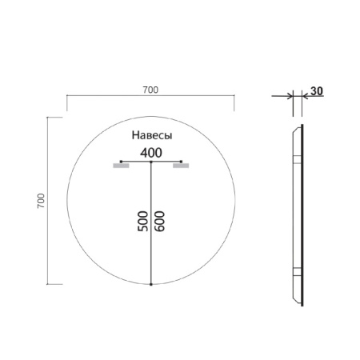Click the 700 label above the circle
click(150, 90)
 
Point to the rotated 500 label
click(142, 222)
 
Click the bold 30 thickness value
click(316, 91)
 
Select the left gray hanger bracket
click(121, 167)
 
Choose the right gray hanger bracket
click(181, 167)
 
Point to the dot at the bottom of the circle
click(151, 284)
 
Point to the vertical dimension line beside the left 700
click(50, 200)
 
